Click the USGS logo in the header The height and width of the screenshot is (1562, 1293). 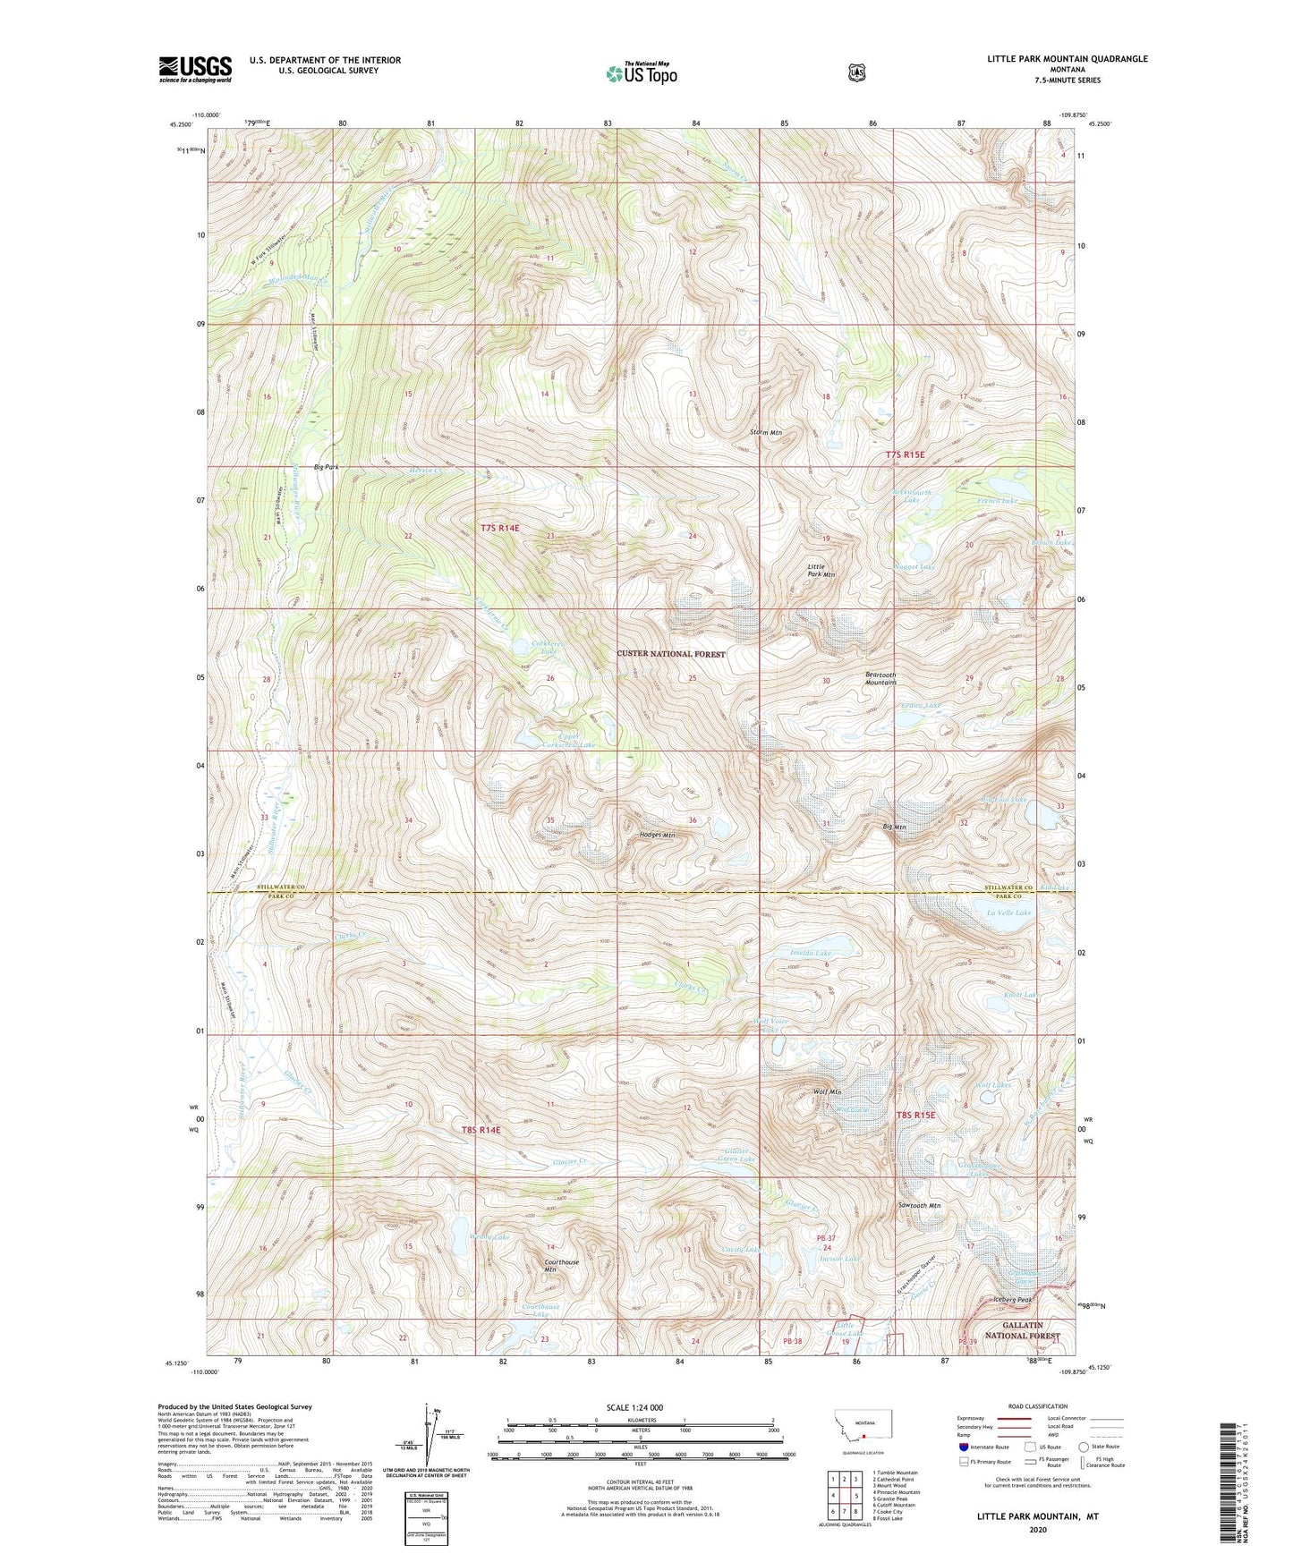(x=195, y=69)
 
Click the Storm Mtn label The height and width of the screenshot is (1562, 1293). (x=766, y=433)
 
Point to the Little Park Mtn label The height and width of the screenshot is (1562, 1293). (x=821, y=571)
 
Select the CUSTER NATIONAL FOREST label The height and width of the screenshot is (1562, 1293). (x=671, y=654)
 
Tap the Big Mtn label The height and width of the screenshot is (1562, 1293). (x=894, y=828)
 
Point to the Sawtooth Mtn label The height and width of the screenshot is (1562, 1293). (x=919, y=1206)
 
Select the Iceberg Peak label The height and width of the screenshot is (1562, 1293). (x=1013, y=1300)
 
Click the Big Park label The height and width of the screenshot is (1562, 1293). (x=326, y=467)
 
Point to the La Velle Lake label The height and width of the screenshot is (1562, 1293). (x=1008, y=913)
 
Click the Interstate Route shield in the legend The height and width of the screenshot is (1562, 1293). (x=963, y=1446)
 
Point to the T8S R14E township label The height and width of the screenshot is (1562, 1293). (x=481, y=1130)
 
